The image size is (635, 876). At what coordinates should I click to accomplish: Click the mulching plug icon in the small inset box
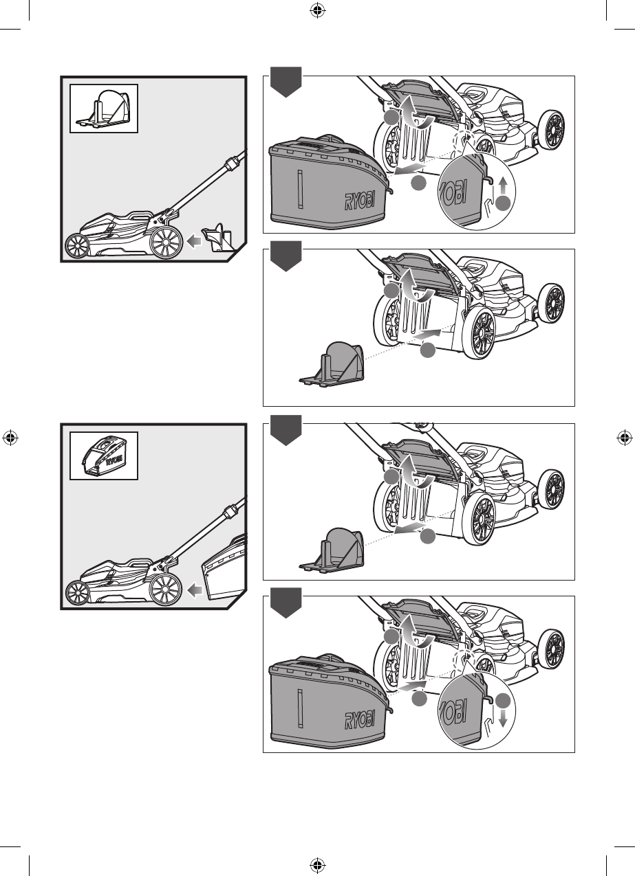103,108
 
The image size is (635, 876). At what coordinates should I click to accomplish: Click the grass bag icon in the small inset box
103,456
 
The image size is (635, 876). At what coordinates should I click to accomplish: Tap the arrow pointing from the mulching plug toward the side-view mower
193,241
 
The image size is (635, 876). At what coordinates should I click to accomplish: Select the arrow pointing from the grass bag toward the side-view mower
195,589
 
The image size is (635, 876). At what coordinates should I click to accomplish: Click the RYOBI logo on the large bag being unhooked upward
359,201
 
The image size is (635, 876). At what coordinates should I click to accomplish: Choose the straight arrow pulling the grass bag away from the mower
410,169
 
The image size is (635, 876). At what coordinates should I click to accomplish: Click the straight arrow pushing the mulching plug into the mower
426,335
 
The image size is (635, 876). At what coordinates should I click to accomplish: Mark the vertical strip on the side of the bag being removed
300,189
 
